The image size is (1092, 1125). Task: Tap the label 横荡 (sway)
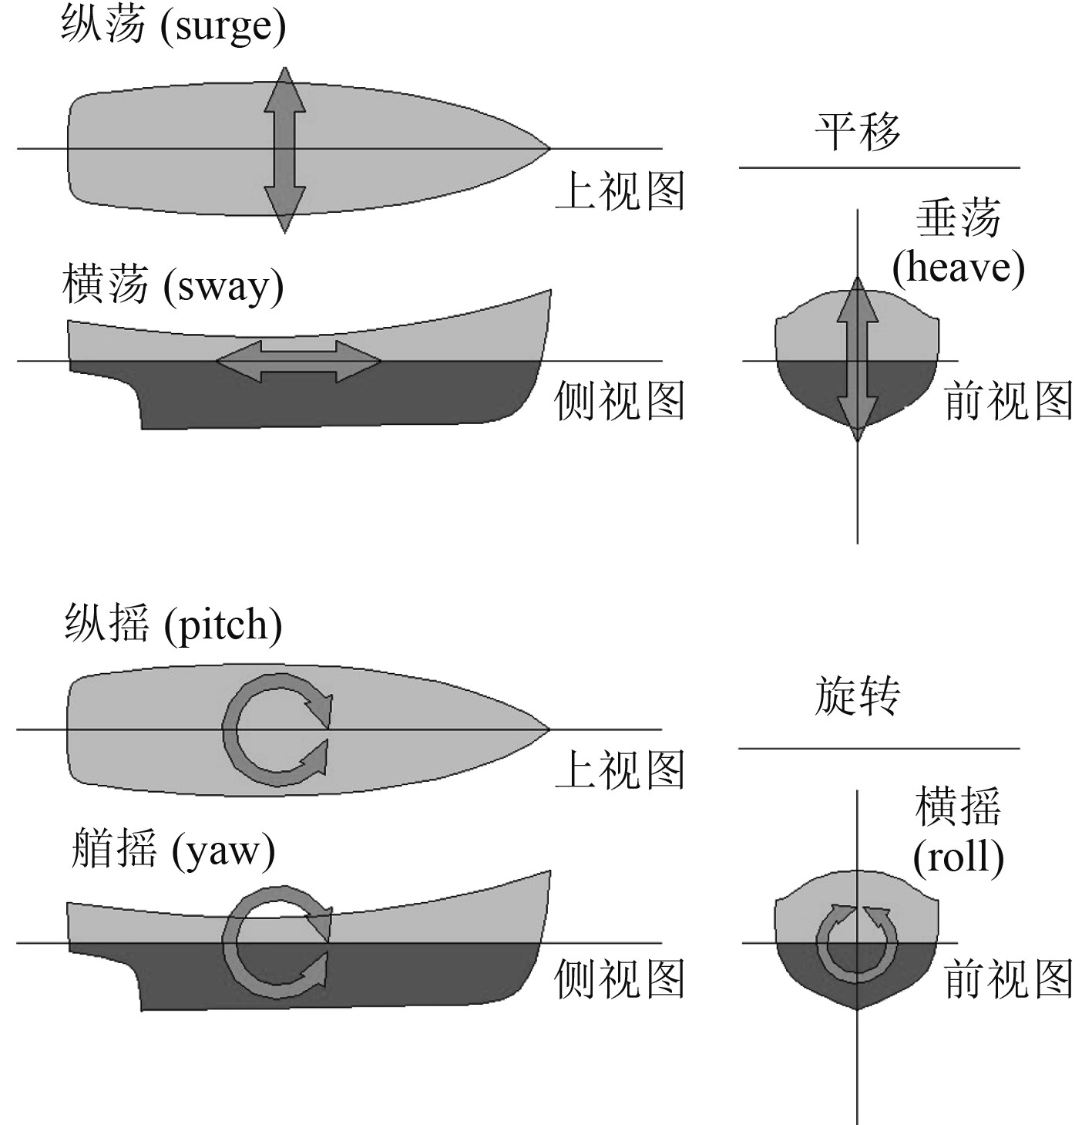(x=173, y=286)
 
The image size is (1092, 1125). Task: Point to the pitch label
(x=173, y=624)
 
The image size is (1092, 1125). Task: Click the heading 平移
(x=857, y=132)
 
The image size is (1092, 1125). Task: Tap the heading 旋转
(x=857, y=697)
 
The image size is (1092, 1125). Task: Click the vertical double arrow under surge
(x=285, y=150)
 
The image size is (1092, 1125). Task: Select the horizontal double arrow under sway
(x=299, y=361)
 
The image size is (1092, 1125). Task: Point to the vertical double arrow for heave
(x=858, y=359)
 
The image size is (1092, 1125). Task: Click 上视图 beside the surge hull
(x=620, y=190)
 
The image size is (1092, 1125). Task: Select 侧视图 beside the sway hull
(x=620, y=402)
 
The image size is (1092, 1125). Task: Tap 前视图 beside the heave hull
(x=1009, y=402)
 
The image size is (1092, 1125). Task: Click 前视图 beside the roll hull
(x=1009, y=980)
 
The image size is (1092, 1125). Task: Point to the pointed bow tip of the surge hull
(x=547, y=147)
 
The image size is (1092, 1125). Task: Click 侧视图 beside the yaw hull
(x=620, y=980)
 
